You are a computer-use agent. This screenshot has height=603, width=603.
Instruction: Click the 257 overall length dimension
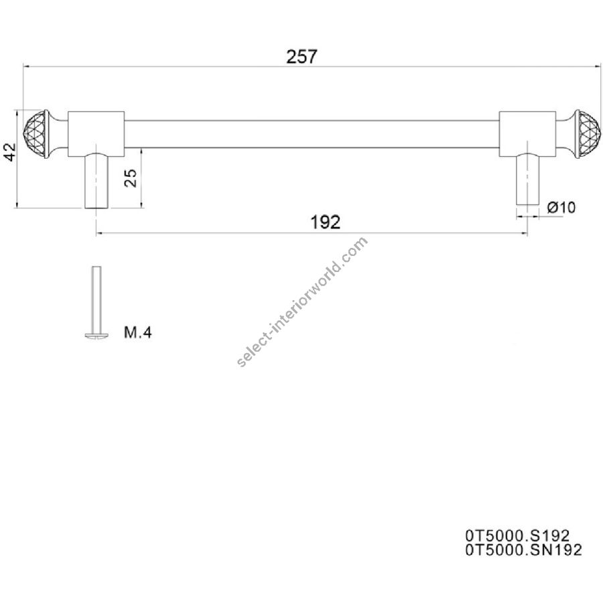tap(302, 57)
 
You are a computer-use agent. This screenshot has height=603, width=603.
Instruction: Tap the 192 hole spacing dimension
tap(326, 222)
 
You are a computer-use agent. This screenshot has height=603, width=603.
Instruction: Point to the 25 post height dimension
tap(131, 178)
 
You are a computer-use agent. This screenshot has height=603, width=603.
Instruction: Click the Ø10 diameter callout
tap(561, 207)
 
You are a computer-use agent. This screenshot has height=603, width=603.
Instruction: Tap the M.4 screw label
tap(137, 332)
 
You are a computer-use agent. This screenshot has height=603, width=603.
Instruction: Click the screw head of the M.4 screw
tap(96, 336)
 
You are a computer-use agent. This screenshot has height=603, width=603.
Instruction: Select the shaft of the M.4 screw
tap(96, 299)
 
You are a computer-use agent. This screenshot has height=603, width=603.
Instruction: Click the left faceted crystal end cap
tap(36, 134)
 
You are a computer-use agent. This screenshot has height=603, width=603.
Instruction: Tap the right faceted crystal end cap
tap(588, 134)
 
